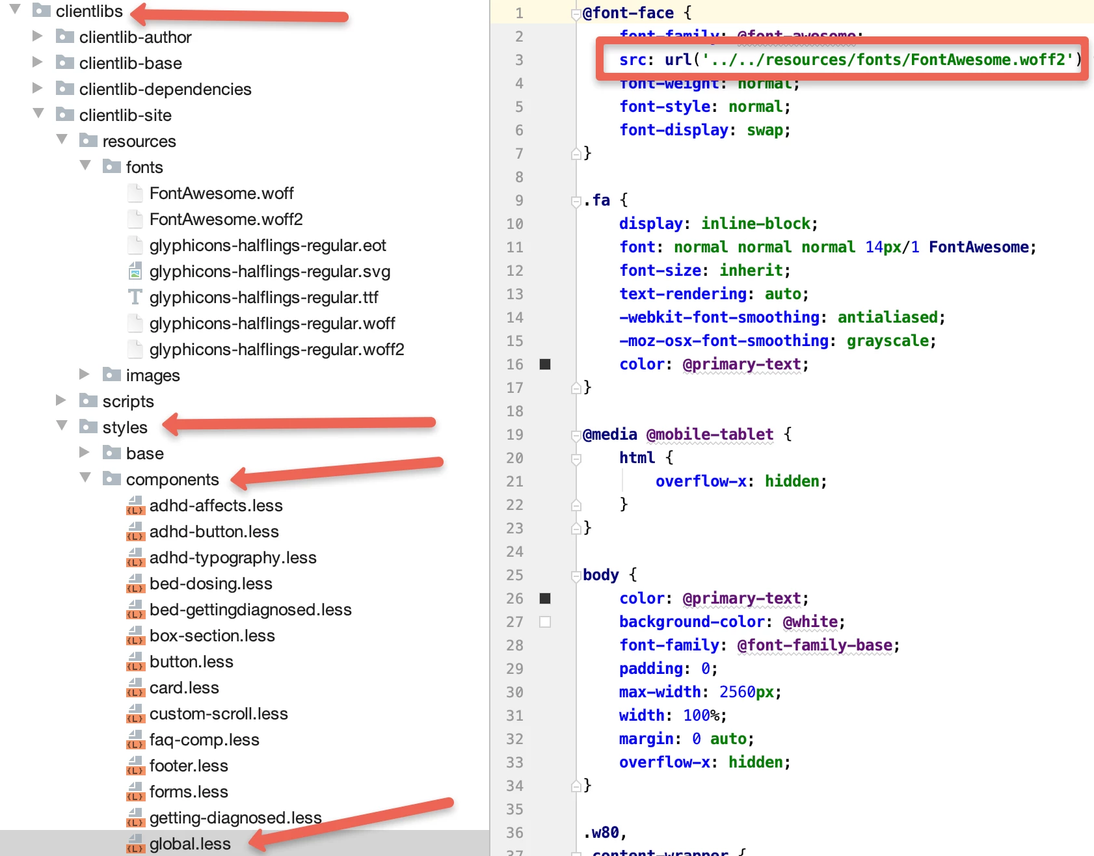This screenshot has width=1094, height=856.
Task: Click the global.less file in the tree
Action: [x=189, y=844]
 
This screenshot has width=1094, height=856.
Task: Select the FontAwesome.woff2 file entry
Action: [x=226, y=219]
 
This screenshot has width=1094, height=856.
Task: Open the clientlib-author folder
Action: [x=135, y=37]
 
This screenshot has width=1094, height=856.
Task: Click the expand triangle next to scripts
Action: [x=61, y=400]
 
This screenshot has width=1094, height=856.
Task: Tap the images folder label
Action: [x=152, y=375]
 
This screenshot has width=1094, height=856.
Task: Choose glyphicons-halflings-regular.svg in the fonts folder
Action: [x=269, y=271]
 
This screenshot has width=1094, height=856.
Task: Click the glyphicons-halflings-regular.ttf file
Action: [x=263, y=297]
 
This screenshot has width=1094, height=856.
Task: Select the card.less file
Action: [x=183, y=688]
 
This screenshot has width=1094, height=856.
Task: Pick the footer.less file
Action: [x=188, y=766]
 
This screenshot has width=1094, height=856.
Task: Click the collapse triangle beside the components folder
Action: [x=85, y=478]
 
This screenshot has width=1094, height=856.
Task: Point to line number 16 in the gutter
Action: [x=514, y=364]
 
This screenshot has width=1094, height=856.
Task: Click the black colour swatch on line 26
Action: [x=545, y=598]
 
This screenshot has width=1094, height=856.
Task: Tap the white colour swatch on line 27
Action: [x=545, y=622]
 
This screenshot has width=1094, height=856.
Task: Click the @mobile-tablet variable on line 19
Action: [x=710, y=435]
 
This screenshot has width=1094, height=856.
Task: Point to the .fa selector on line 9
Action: [x=596, y=200]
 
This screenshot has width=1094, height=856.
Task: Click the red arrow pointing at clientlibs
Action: [x=241, y=14]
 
